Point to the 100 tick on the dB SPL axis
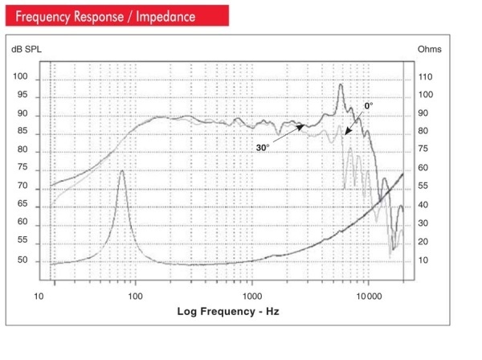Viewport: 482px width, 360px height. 22,77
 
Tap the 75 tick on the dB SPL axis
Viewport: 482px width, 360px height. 22,168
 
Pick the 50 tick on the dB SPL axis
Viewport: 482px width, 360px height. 22,260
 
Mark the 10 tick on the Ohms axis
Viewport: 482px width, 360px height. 423,260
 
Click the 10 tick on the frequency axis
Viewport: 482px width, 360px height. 39,295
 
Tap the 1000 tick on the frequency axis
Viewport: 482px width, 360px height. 251,295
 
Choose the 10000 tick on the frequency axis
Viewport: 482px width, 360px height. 369,295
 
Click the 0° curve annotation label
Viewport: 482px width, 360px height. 369,106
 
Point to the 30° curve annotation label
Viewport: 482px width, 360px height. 263,147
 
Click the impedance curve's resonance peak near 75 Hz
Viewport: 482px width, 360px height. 121,170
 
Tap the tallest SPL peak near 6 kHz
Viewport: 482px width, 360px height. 341,84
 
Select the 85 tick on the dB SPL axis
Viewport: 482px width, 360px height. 22,132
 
